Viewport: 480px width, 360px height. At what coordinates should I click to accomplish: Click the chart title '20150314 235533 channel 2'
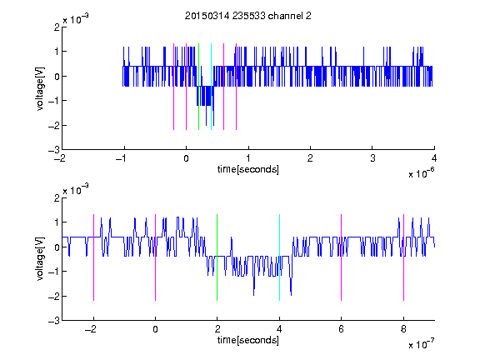pyautogui.click(x=248, y=16)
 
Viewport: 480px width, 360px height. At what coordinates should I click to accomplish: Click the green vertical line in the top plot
pyautogui.click(x=198, y=87)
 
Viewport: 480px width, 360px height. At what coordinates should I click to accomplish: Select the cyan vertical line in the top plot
pyautogui.click(x=211, y=87)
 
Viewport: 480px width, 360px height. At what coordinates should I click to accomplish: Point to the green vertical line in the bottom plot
pyautogui.click(x=217, y=257)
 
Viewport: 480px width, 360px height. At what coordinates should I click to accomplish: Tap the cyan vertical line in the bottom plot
pyautogui.click(x=279, y=257)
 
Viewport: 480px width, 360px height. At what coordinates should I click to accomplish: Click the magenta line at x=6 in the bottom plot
pyautogui.click(x=342, y=257)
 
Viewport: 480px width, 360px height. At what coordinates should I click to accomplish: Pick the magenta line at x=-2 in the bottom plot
pyautogui.click(x=93, y=257)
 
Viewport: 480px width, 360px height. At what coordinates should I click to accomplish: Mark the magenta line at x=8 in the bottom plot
pyautogui.click(x=404, y=257)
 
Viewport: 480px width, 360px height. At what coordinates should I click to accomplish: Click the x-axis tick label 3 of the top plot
pyautogui.click(x=372, y=158)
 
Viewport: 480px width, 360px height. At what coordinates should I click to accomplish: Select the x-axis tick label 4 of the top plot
pyautogui.click(x=434, y=158)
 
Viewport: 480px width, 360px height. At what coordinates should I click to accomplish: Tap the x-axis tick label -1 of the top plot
pyautogui.click(x=122, y=158)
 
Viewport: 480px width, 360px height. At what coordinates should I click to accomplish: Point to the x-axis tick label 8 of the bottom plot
pyautogui.click(x=404, y=329)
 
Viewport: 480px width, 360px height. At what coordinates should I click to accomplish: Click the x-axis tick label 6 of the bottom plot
pyautogui.click(x=342, y=329)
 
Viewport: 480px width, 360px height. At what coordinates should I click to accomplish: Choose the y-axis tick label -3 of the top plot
pyautogui.click(x=54, y=150)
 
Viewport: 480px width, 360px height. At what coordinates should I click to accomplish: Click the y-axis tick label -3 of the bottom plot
pyautogui.click(x=54, y=321)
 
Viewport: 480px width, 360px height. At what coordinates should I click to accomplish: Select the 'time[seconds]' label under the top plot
pyautogui.click(x=248, y=169)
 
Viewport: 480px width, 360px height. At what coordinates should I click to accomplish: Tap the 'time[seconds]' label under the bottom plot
pyautogui.click(x=248, y=340)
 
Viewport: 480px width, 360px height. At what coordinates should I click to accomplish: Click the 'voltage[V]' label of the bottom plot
pyautogui.click(x=40, y=259)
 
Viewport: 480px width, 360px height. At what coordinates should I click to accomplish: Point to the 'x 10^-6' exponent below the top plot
pyautogui.click(x=422, y=173)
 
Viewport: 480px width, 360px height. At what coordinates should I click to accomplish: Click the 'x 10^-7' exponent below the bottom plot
pyautogui.click(x=422, y=344)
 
